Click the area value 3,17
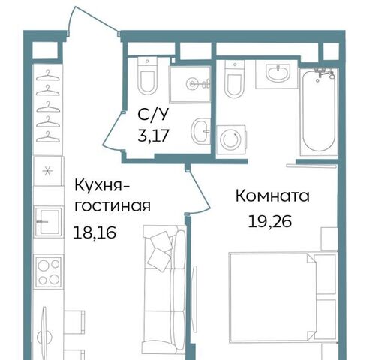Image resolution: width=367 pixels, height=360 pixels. point(154,136)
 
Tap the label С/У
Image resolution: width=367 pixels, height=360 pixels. point(152,115)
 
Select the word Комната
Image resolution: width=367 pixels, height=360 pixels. point(272,196)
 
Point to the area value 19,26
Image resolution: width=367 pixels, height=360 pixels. point(270,221)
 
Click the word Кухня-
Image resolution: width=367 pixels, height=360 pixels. point(101,186)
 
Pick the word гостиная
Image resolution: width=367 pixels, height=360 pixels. point(113,206)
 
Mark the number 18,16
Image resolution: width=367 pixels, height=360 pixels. point(95,232)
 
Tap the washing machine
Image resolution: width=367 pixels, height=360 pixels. point(231,139)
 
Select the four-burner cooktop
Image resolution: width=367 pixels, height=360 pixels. point(49,271)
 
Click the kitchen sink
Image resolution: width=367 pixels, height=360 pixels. point(48,222)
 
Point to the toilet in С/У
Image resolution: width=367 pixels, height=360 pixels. point(148,76)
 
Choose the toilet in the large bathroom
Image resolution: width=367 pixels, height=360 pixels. point(235,79)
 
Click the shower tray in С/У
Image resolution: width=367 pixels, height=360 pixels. point(190,84)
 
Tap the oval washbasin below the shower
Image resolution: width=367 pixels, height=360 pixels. point(200,131)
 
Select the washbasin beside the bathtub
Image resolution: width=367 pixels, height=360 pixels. point(278,73)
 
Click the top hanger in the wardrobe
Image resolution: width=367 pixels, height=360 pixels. point(48,76)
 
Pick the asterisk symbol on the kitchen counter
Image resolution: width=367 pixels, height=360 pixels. point(47,171)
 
